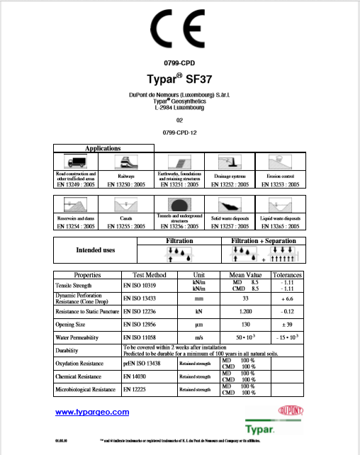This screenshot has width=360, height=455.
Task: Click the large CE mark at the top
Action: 179,30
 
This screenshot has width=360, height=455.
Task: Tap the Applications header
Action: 103,148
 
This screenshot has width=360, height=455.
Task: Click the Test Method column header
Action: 150,274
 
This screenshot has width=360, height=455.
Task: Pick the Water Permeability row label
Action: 81,337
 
